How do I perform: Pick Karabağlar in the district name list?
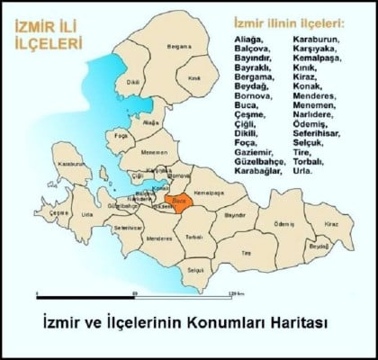coord(257,171)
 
